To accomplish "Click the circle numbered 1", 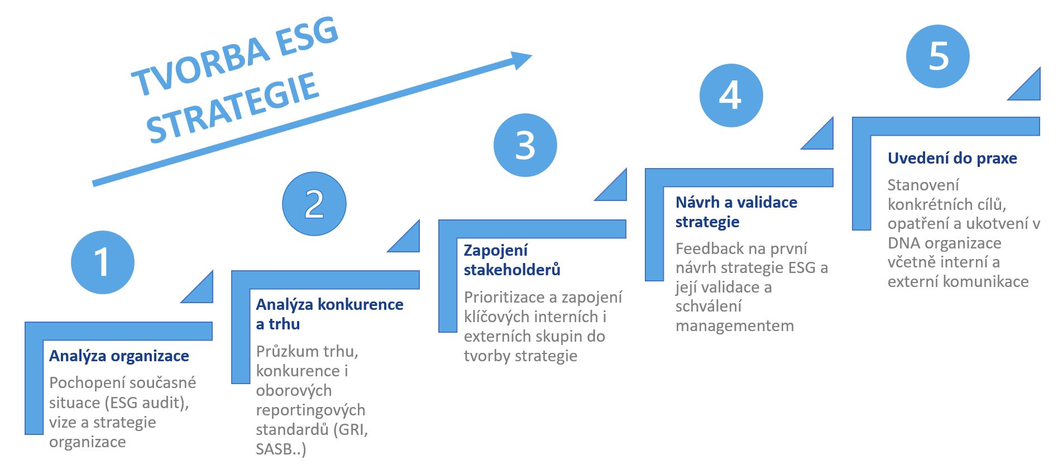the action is (103, 262).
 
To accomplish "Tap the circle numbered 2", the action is (314, 204).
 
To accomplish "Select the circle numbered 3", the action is (525, 145).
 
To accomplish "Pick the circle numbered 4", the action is (731, 95).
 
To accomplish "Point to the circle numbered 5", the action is (938, 56).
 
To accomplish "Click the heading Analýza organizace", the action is (119, 356).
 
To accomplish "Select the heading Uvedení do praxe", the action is (952, 159).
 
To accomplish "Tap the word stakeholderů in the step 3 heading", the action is (512, 270).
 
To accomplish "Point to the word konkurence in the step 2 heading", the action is (360, 304).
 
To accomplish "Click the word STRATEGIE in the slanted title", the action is (233, 109).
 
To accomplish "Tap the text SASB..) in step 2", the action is (281, 449).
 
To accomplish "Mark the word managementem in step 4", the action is (735, 326).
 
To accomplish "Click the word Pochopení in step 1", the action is (84, 383).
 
